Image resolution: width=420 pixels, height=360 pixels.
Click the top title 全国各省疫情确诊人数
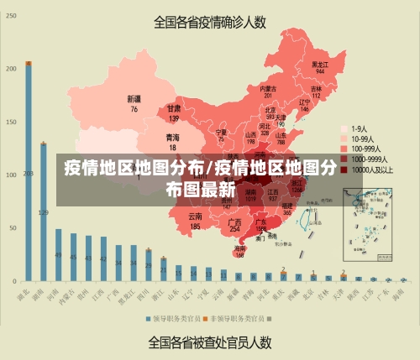[211, 23]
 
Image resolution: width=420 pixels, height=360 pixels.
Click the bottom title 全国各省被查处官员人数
[210, 342]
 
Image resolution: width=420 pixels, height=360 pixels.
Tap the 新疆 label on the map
[134, 102]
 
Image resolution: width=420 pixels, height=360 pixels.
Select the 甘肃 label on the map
[174, 112]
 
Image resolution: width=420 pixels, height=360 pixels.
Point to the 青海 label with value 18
[172, 140]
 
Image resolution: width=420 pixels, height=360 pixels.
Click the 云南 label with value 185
[195, 221]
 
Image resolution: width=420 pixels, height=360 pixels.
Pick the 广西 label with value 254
[235, 224]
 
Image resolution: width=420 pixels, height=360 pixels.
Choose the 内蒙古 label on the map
[268, 89]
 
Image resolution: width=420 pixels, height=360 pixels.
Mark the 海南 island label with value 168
[240, 251]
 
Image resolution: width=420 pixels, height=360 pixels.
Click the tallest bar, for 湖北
[29, 172]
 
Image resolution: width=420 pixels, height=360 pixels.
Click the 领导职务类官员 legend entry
[173, 319]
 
